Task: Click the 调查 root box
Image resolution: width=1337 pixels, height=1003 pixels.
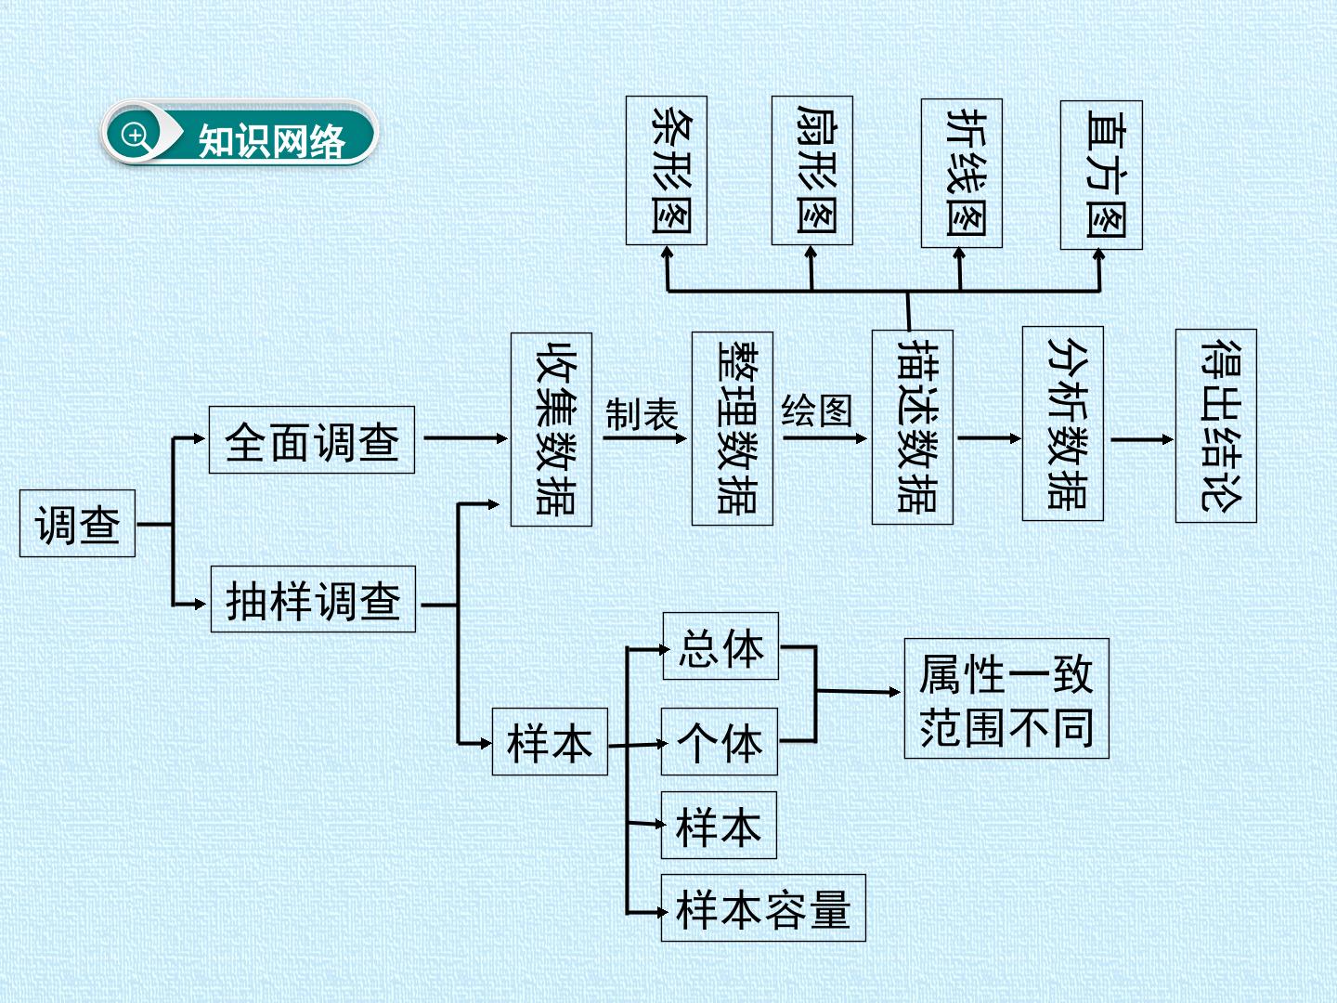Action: point(77,523)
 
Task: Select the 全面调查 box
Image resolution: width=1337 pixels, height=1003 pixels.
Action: point(312,439)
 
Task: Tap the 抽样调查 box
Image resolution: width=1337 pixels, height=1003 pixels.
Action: point(313,599)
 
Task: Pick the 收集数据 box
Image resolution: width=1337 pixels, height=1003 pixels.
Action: point(552,429)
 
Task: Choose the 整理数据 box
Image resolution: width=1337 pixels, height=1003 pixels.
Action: point(733,429)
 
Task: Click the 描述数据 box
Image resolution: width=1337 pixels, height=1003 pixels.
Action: point(913,427)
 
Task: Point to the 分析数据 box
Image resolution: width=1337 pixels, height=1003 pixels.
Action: point(1063,423)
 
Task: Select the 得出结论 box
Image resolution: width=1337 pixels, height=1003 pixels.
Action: point(1215,426)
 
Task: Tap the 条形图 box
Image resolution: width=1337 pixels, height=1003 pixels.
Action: point(667,171)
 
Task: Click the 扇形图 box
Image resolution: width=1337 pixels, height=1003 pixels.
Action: point(811,171)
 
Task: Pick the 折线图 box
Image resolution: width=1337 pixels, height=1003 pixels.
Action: point(962,174)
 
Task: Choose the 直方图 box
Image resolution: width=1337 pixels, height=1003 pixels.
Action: point(1101,176)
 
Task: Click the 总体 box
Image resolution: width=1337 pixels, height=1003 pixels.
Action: point(720,646)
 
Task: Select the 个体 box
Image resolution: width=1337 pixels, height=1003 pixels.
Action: point(720,742)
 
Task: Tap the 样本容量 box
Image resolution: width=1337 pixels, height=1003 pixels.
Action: point(763,908)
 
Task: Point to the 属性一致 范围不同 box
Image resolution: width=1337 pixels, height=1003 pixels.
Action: point(1006,698)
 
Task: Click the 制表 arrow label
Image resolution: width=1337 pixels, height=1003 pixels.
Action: point(642,414)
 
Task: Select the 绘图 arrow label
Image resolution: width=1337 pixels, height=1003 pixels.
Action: point(817,410)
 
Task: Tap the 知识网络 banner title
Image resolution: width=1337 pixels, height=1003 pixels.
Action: point(272,140)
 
